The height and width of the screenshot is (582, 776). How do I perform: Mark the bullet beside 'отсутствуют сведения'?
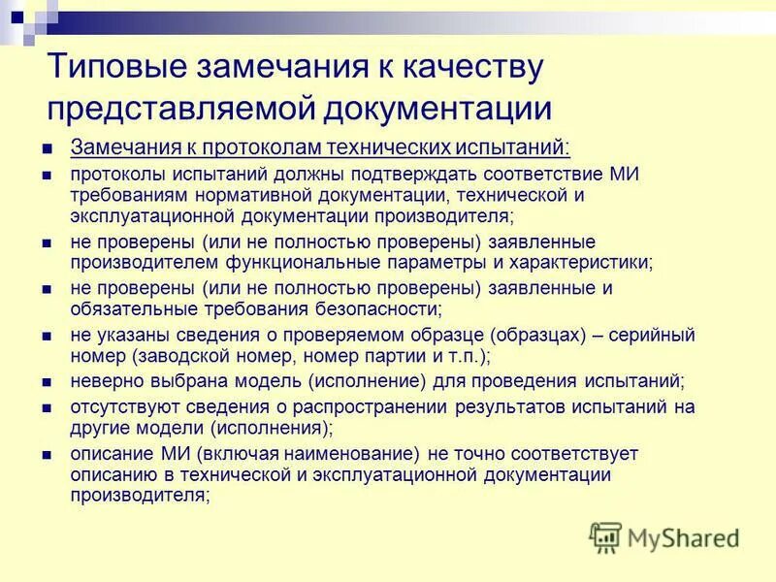(x=47, y=407)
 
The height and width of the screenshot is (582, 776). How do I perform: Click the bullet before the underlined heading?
(x=47, y=149)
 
